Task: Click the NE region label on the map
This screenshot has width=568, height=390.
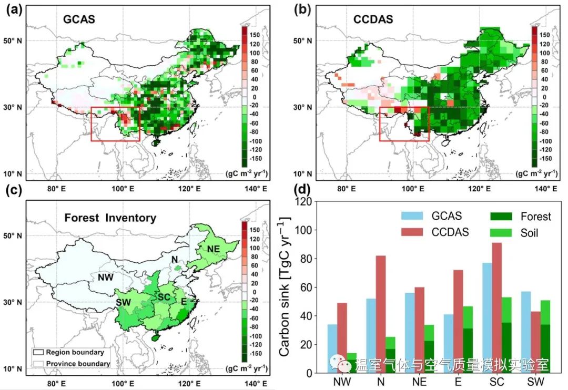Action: point(213,248)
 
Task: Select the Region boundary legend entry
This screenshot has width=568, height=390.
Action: point(74,352)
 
